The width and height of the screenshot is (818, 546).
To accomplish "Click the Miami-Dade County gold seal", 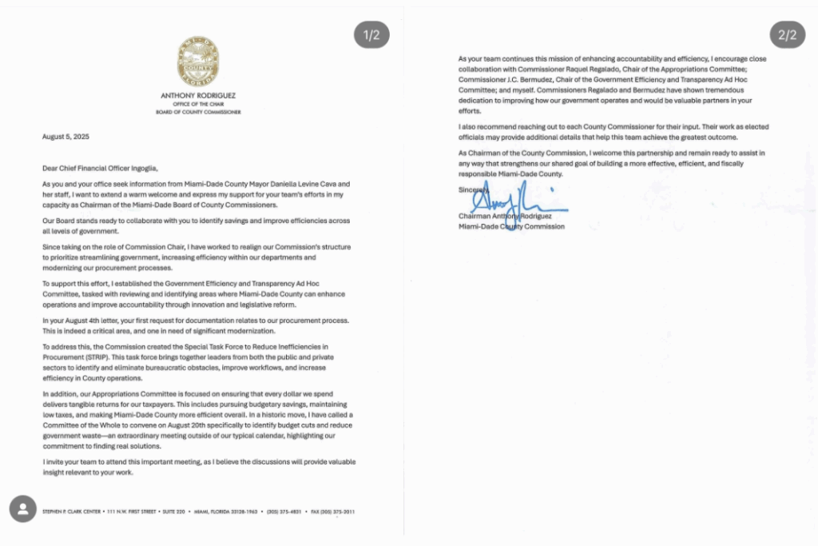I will tap(198, 63).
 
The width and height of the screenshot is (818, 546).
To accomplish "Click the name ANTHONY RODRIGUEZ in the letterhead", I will tap(198, 96).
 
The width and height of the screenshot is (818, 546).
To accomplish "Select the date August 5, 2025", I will tap(66, 137).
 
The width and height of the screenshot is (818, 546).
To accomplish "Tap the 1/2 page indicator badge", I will tap(371, 35).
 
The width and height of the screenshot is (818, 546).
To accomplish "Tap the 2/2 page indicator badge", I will tap(787, 35).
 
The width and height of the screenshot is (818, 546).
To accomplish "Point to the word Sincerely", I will tap(472, 189).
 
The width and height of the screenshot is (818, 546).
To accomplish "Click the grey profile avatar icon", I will tap(23, 508).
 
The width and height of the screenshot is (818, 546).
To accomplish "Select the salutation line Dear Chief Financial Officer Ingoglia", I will tap(101, 168).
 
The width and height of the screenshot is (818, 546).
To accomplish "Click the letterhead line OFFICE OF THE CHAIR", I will tap(198, 105).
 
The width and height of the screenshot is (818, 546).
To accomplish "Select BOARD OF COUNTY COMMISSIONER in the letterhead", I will tap(198, 113).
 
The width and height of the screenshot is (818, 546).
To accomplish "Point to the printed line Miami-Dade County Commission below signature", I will tap(511, 226).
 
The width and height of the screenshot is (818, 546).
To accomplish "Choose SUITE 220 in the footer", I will tap(173, 512).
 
